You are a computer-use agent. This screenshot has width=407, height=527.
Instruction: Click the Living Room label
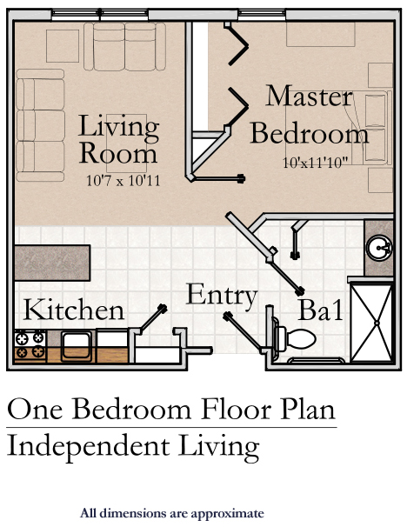[x=118, y=139]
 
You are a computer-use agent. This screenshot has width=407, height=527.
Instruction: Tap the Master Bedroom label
[x=310, y=115]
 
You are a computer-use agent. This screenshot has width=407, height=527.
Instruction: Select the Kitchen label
[x=74, y=310]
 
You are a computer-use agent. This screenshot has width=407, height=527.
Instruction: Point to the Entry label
[x=222, y=296]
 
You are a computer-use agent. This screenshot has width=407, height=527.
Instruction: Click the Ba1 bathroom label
[x=321, y=310]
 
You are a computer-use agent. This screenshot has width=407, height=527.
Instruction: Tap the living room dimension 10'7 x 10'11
[x=123, y=181]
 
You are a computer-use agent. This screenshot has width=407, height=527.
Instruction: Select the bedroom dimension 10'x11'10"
[x=315, y=163]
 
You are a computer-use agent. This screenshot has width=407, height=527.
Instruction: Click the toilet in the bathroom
[x=295, y=338]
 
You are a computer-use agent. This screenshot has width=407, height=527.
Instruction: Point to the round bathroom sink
[x=379, y=247]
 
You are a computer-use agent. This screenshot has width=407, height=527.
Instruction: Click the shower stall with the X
[x=371, y=323]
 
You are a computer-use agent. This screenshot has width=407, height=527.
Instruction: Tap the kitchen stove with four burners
[x=30, y=346]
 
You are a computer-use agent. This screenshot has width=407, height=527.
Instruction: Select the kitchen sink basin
[x=77, y=346]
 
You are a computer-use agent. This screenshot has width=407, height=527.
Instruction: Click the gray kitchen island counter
[x=52, y=263]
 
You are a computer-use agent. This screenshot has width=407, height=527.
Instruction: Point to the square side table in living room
[x=63, y=46]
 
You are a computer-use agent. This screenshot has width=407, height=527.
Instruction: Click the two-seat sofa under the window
[x=124, y=46]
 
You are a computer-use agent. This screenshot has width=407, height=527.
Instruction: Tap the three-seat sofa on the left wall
[x=40, y=125]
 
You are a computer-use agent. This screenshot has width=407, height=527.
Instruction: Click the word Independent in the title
[x=88, y=445]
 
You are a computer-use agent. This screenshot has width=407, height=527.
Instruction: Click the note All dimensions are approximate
[x=171, y=514]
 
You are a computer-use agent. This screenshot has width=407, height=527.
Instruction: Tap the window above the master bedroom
[x=262, y=14]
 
